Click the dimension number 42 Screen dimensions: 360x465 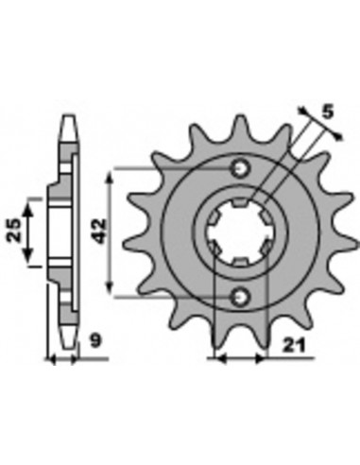[x=100, y=232]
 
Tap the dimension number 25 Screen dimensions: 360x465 [x=14, y=231]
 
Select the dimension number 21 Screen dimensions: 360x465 [x=294, y=346]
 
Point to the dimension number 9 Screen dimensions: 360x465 [x=95, y=341]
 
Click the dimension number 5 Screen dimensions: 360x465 [x=328, y=112]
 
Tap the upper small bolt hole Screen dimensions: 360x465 [x=241, y=169]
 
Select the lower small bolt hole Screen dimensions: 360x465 [x=241, y=297]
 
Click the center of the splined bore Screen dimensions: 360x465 [x=240, y=233]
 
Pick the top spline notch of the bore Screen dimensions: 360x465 [x=241, y=202]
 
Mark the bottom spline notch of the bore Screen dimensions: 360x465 [x=240, y=262]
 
